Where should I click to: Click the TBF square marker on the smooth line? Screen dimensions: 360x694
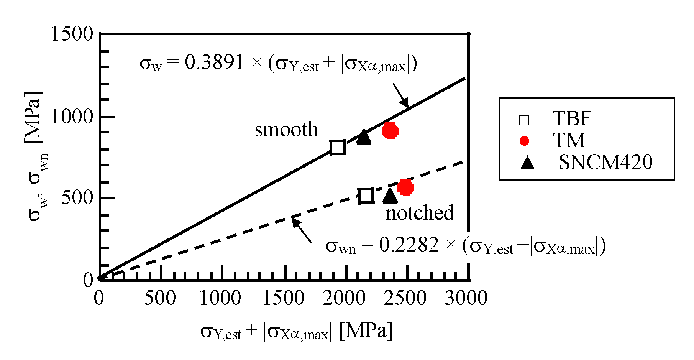338,147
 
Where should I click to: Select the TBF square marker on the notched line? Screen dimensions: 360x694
366,196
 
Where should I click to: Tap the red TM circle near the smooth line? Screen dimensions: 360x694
390,131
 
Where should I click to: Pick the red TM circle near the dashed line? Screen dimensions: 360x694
405,187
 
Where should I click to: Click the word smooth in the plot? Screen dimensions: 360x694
286,130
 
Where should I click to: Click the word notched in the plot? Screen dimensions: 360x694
420,213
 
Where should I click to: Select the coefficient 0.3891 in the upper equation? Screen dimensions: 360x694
214,62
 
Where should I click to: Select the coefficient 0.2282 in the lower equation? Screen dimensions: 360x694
409,245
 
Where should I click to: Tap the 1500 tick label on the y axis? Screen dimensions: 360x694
72,34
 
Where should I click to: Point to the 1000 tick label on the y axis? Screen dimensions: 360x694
72,117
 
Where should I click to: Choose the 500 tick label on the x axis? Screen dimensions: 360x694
160,298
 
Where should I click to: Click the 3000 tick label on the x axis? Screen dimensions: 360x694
466,298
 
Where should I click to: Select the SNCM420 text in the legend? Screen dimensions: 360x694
605,162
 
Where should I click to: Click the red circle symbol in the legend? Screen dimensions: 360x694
524,141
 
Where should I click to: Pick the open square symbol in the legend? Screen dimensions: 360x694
524,120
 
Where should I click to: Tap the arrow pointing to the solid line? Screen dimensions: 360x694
401,95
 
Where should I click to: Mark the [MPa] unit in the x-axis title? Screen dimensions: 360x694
366,330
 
